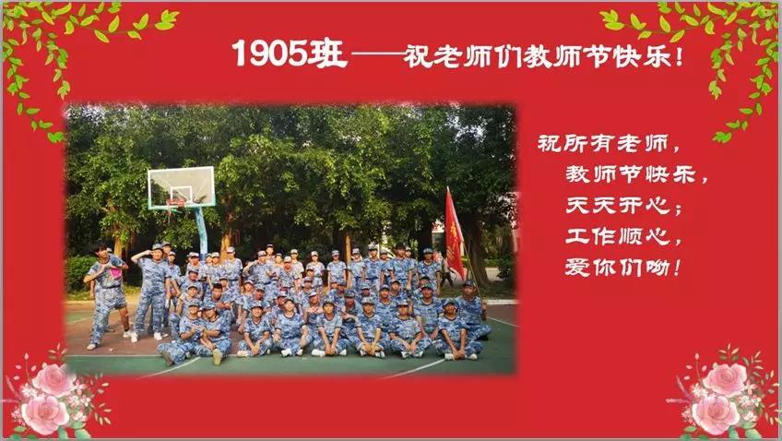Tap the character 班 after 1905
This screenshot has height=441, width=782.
pos(327,53)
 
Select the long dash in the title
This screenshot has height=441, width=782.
pos(376,54)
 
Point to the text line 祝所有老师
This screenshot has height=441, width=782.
pos(602,144)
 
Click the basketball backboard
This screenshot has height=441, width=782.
pos(182,187)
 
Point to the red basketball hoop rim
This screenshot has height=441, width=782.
pos(176,201)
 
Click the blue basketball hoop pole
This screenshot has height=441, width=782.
pos(201,231)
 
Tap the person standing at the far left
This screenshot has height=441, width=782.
pos(106,295)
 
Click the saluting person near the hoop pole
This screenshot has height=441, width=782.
pos(151,291)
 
